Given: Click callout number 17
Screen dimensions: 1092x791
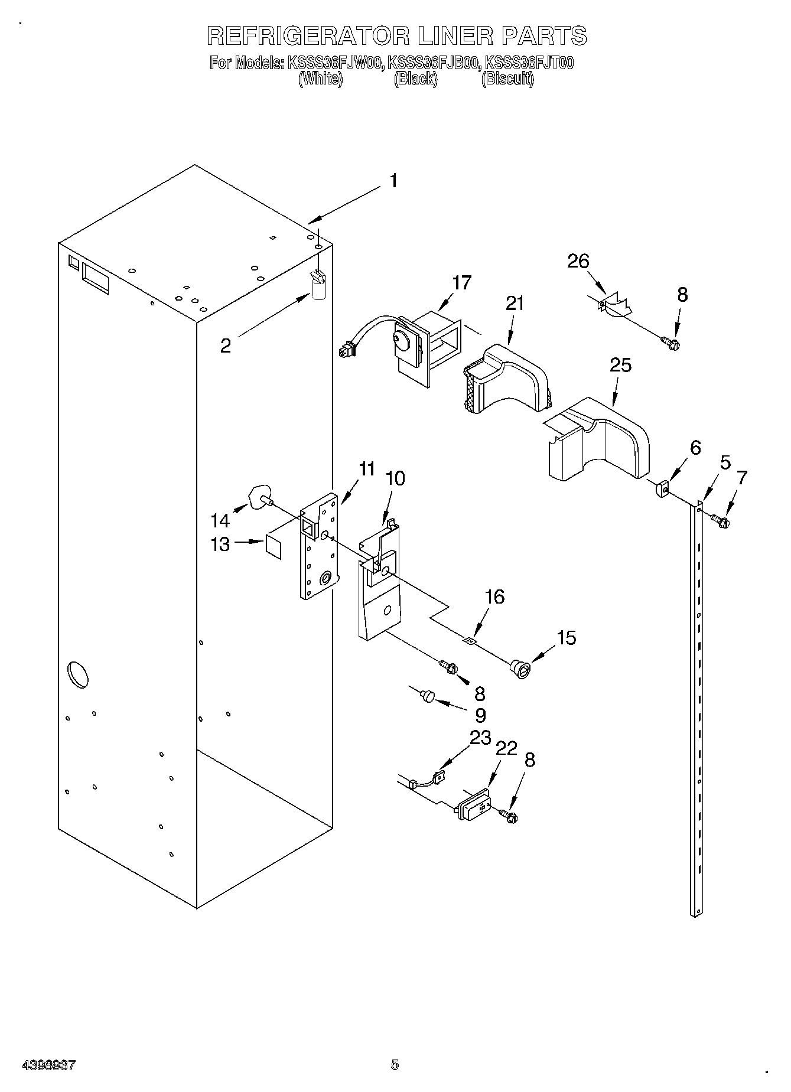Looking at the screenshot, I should pyautogui.click(x=461, y=283).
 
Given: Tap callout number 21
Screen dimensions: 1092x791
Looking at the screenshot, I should pyautogui.click(x=515, y=304).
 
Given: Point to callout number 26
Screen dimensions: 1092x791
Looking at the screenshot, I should pyautogui.click(x=578, y=261).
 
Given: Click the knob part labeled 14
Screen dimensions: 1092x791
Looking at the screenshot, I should pyautogui.click(x=261, y=496).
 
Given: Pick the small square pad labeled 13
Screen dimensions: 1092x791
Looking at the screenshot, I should pyautogui.click(x=273, y=546).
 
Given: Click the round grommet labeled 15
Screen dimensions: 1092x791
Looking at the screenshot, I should pyautogui.click(x=520, y=669).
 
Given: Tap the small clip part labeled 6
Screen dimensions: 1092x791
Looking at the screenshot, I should pyautogui.click(x=661, y=488).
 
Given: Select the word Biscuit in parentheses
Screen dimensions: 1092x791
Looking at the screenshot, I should pyautogui.click(x=507, y=79).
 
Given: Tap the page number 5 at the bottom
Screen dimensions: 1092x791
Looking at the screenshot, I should pyautogui.click(x=395, y=1065).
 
